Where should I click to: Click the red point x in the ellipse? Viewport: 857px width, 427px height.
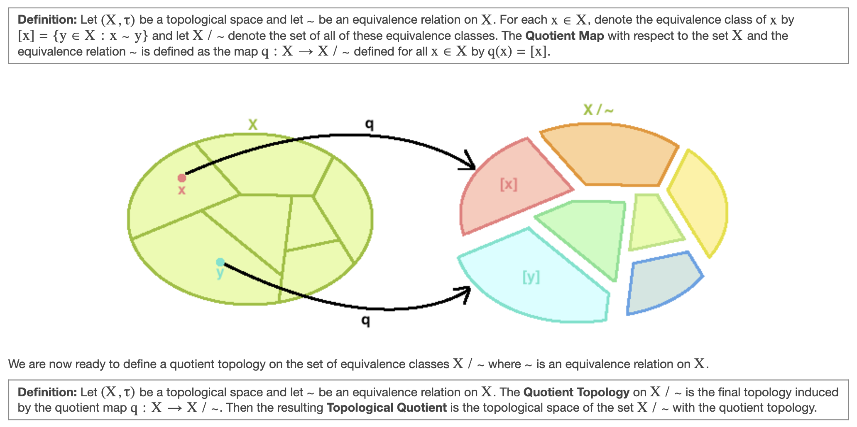(182, 178)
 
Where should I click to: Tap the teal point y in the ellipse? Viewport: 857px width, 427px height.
(220, 262)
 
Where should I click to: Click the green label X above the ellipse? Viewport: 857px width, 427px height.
(252, 125)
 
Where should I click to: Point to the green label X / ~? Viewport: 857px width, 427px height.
(598, 110)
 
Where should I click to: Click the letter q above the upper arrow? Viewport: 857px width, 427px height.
(369, 124)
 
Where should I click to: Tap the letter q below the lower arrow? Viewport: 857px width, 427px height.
(365, 320)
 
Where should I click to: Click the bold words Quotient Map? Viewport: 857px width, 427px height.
(564, 36)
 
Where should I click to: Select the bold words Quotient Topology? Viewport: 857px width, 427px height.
(576, 392)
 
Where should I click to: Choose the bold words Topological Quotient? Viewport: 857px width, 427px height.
(387, 408)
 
